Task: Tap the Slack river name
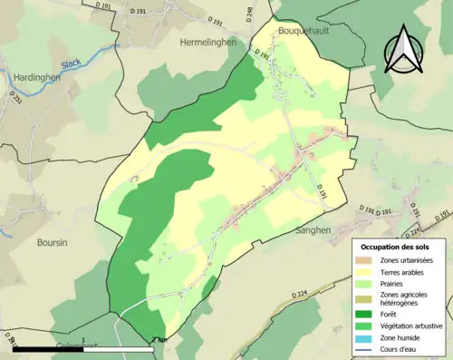pos(72,64)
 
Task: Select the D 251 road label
pos(15,96)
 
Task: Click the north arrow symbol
pos(403,50)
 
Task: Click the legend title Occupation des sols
pos(400,247)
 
